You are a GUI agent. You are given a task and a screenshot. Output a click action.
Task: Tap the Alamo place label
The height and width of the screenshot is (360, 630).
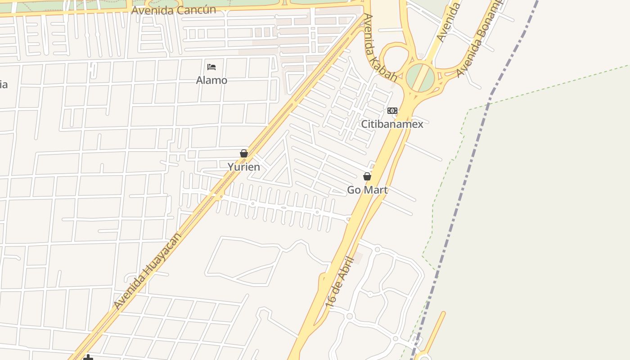click(211, 81)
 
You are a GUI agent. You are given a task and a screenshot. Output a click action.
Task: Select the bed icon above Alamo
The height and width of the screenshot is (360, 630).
click(211, 67)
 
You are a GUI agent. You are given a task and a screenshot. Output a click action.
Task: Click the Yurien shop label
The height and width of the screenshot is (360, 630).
click(243, 167)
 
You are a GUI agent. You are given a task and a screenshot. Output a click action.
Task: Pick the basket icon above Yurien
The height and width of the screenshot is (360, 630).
click(243, 154)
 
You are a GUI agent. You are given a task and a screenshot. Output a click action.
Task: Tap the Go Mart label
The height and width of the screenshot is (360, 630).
click(367, 190)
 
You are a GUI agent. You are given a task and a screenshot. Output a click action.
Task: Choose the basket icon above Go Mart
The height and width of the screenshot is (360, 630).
click(367, 176)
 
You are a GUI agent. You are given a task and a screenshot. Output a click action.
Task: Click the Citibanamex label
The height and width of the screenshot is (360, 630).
click(392, 124)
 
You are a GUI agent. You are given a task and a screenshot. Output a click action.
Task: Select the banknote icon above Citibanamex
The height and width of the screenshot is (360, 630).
click(392, 111)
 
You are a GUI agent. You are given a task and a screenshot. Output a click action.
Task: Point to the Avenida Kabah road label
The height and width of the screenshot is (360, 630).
click(380, 47)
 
